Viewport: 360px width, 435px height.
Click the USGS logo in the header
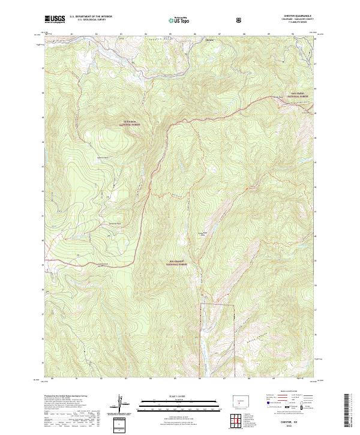pyautogui.click(x=55, y=19)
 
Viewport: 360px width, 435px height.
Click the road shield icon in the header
pyautogui.click(x=240, y=20)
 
